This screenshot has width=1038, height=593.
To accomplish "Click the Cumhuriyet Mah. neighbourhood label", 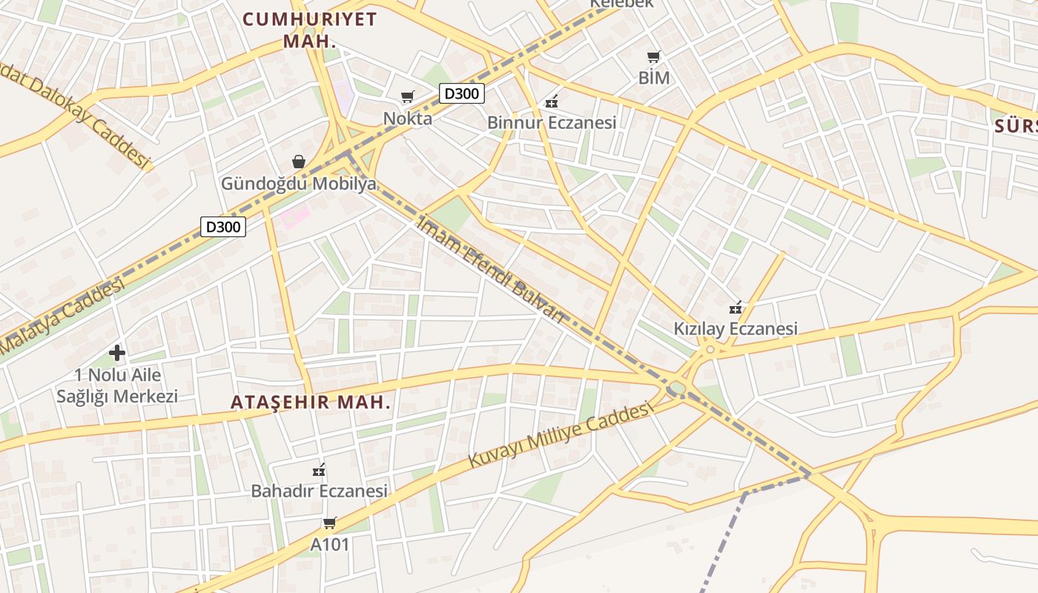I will pyautogui.click(x=310, y=30).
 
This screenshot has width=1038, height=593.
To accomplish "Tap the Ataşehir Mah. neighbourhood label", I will pyautogui.click(x=311, y=402).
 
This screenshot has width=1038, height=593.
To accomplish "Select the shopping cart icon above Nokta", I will pyautogui.click(x=407, y=97).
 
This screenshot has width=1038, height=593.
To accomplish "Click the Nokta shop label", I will pyautogui.click(x=407, y=118).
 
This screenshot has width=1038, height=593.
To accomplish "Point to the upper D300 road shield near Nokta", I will pyautogui.click(x=462, y=93).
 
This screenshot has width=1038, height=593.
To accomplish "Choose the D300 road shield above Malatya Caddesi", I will pyautogui.click(x=223, y=227).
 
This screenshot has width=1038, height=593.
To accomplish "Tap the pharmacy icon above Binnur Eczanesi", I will pyautogui.click(x=552, y=101).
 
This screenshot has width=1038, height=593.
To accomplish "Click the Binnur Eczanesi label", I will pyautogui.click(x=552, y=122).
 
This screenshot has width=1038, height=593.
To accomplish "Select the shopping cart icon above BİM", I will pyautogui.click(x=653, y=56).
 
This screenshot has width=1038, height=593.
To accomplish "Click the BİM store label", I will pyautogui.click(x=653, y=78).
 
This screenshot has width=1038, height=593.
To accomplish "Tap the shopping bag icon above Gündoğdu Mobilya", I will pyautogui.click(x=299, y=162).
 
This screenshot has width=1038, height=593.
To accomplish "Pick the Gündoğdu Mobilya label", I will pyautogui.click(x=299, y=184).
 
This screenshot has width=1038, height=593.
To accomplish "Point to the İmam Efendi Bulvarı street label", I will pyautogui.click(x=492, y=269).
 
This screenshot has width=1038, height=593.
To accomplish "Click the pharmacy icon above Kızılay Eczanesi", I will pyautogui.click(x=735, y=307).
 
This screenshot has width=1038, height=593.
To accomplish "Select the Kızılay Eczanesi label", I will pyautogui.click(x=735, y=328).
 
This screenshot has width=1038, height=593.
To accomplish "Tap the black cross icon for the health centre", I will pyautogui.click(x=117, y=353).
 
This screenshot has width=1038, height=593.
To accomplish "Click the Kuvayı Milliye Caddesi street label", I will pyautogui.click(x=561, y=435).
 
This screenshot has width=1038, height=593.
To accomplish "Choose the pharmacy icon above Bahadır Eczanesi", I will pyautogui.click(x=320, y=470).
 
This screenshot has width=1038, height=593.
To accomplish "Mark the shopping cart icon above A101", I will pyautogui.click(x=330, y=523).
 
